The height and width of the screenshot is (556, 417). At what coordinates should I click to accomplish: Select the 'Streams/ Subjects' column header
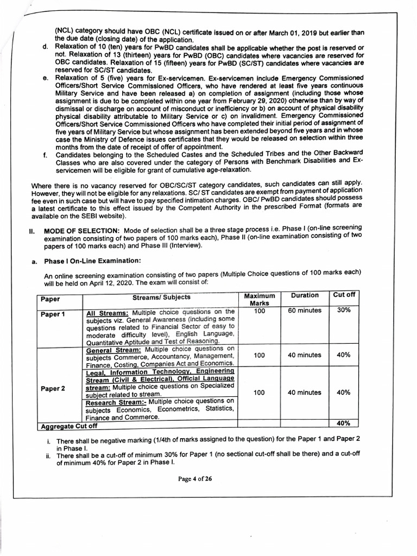161,297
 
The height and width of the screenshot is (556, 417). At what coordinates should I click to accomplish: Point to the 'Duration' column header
305,295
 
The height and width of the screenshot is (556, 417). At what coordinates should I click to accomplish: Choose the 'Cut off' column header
344,295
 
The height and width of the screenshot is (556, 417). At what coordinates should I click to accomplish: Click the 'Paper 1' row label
52,314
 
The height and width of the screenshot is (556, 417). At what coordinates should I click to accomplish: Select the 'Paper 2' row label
52,388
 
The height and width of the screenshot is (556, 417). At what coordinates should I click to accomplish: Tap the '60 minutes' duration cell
305,311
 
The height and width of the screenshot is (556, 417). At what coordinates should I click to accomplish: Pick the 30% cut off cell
343,311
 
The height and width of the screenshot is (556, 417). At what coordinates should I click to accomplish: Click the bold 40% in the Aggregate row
343,423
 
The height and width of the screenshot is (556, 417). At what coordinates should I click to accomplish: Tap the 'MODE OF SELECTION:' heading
74,231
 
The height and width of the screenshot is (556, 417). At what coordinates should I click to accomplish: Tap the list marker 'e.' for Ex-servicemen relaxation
46,79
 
